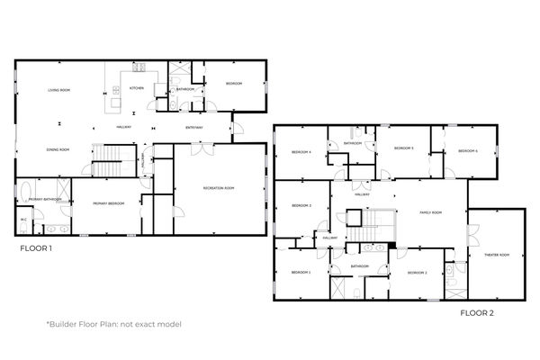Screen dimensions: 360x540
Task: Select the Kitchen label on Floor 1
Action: coord(136,88)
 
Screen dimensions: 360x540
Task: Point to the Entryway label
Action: coord(194,127)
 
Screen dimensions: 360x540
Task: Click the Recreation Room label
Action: coord(219,187)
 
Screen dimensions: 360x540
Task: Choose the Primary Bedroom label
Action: coord(108,203)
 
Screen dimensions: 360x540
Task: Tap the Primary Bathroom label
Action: coord(44,199)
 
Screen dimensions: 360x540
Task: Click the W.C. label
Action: coord(23,219)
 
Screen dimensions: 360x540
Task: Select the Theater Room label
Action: coord(497,255)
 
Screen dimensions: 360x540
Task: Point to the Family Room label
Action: coord(431,212)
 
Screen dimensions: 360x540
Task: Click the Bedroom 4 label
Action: coord(301,152)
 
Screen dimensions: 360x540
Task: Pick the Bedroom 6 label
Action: coord(467,151)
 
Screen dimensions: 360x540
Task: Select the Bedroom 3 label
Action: coord(301,206)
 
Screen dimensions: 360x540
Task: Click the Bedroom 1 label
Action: coord(301,271)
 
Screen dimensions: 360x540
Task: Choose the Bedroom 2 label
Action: coord(417,272)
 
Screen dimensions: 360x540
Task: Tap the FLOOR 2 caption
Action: coord(478,313)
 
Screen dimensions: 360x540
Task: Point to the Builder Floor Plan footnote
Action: coord(113,324)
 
